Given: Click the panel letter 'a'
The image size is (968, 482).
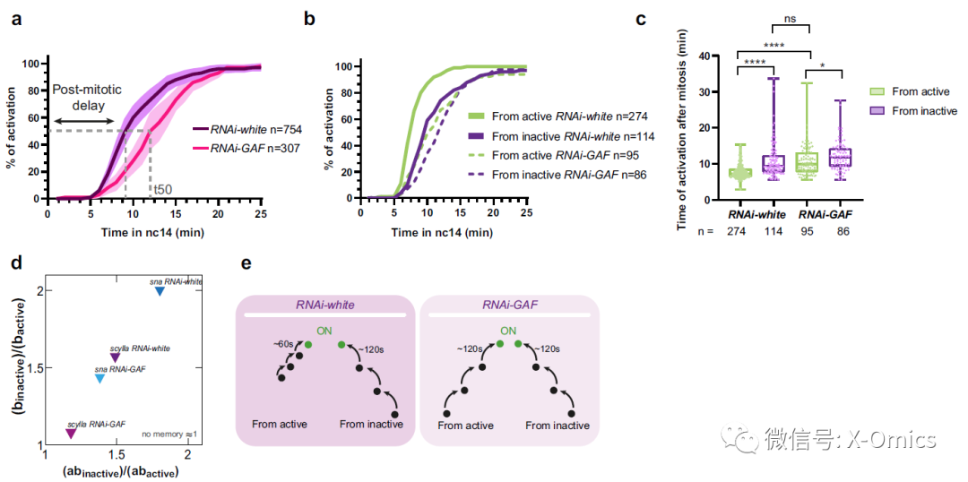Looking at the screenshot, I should (x=16, y=19).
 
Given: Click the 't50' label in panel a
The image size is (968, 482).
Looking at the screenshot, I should (x=162, y=189).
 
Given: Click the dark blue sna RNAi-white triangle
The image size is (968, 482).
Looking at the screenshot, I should (x=160, y=291).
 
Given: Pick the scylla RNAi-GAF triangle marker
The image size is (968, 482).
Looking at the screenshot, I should (x=71, y=434).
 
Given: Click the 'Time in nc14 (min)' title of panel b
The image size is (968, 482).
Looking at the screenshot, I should (x=442, y=232).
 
